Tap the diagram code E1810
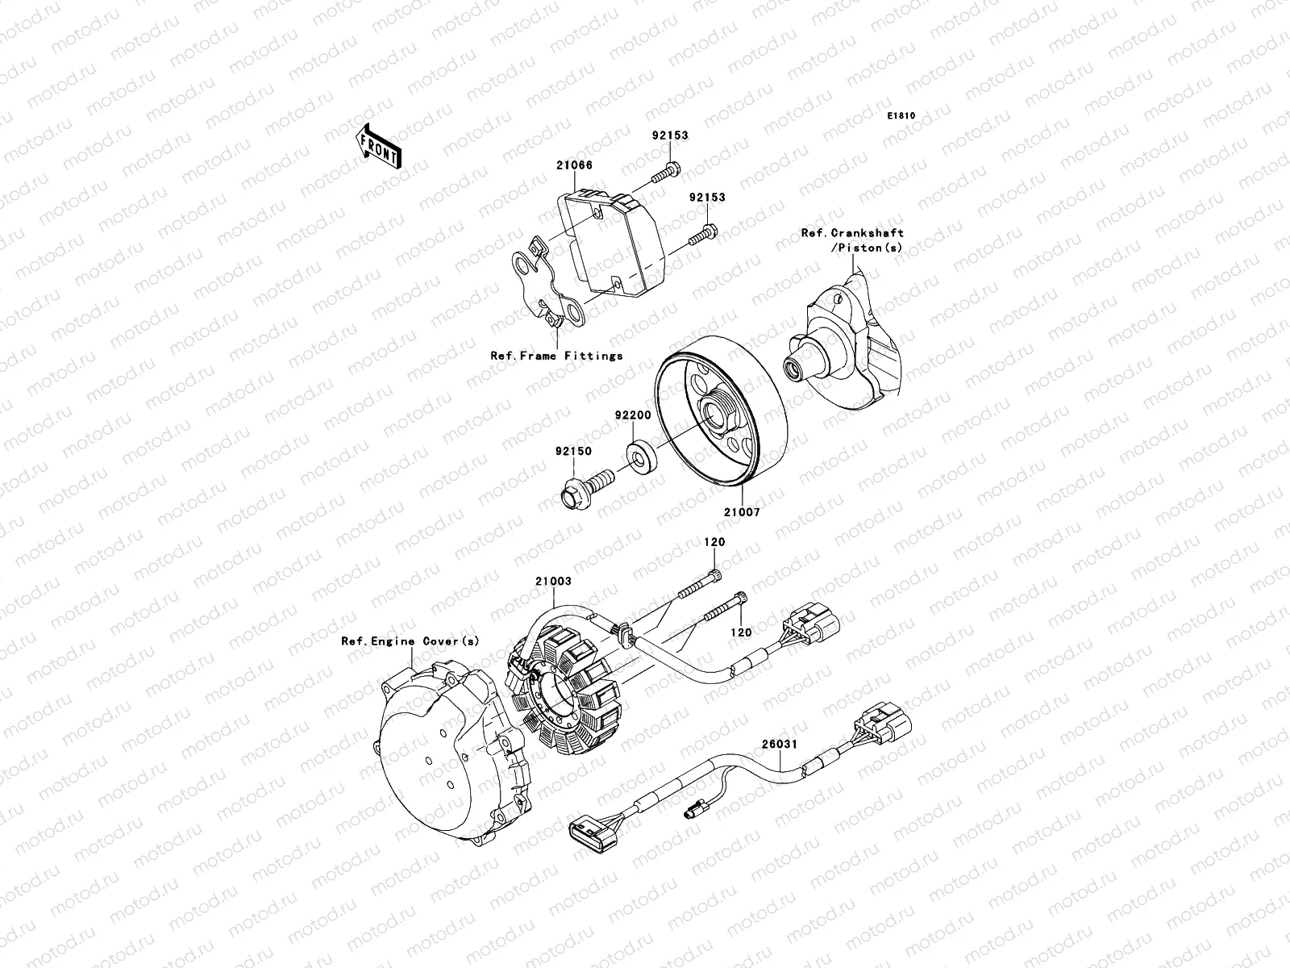[x=901, y=116]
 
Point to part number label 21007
[x=741, y=511]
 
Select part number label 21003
[x=552, y=581]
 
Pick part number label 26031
[x=779, y=745]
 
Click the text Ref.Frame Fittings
[x=556, y=355]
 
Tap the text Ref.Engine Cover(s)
[x=410, y=641]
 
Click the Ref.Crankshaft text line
[x=852, y=233]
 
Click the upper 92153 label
[x=670, y=136]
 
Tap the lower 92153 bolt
[x=703, y=235]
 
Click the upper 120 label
[x=714, y=543]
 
